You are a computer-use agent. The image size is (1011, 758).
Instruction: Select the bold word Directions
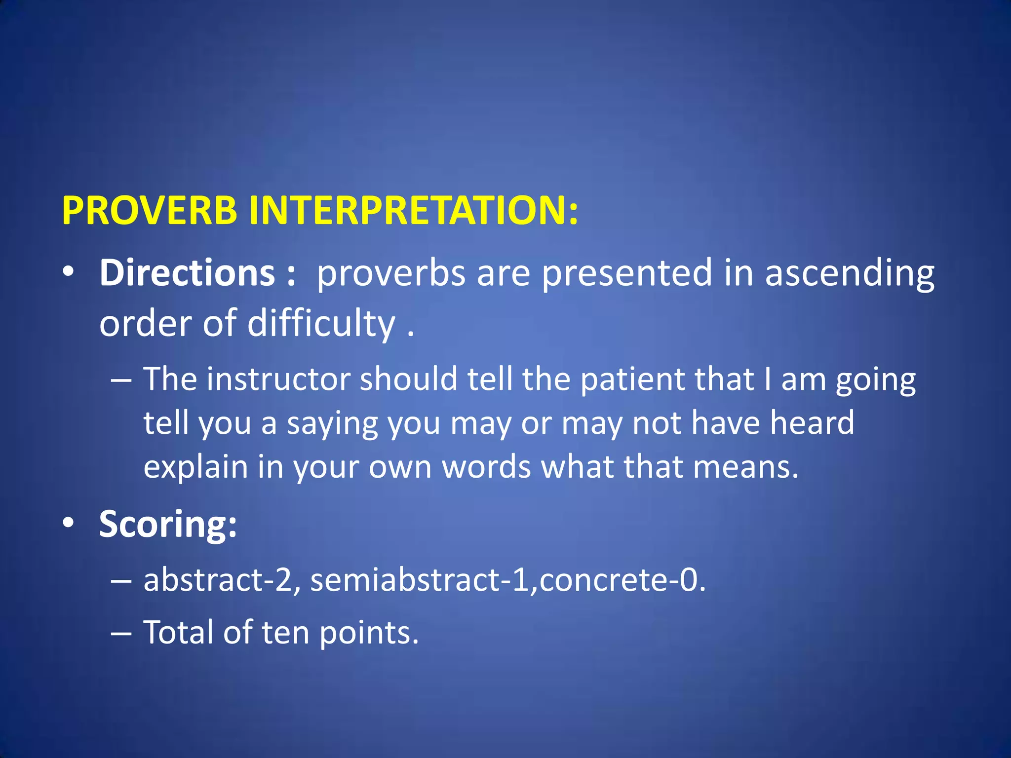pos(187,273)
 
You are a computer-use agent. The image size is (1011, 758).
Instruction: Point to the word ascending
pos(849,274)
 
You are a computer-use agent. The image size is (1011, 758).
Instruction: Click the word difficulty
pos(321,324)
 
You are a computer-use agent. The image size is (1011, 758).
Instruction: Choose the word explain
pos(195,467)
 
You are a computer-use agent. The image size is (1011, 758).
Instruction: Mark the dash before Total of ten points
pos(121,633)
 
